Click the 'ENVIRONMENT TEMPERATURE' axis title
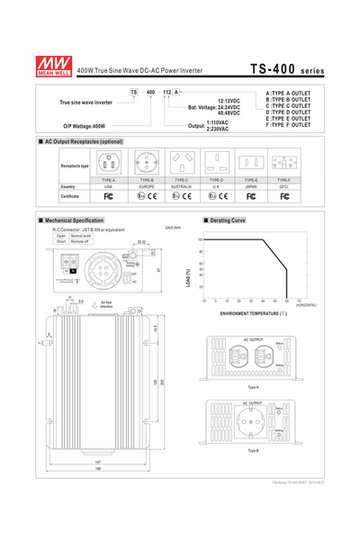pos(253,313)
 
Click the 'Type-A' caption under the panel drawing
pos(253,385)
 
